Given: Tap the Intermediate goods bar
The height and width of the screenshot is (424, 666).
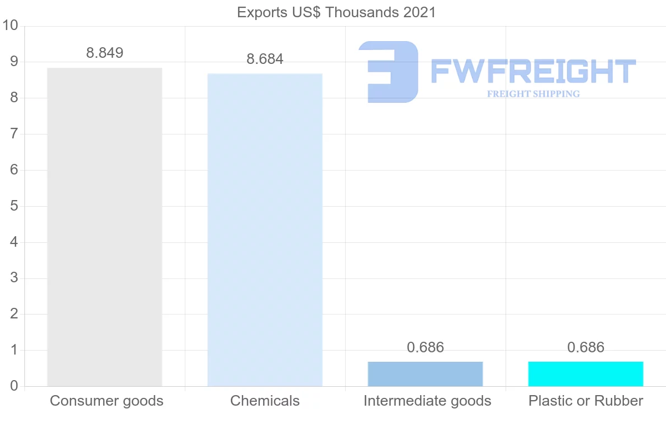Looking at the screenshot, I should point(425,373).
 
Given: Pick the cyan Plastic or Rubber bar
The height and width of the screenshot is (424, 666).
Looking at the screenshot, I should point(586,373).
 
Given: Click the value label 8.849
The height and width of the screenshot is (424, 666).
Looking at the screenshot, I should point(104,53).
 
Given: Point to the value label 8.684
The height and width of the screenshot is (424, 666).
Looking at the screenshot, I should point(265,59).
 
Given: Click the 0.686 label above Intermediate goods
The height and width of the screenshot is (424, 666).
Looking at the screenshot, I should point(425,348).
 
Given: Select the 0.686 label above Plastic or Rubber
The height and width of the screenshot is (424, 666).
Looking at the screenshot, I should point(586,348).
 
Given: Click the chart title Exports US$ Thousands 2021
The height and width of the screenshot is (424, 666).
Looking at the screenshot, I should point(336,12).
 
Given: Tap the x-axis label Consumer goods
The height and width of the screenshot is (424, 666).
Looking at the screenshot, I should point(107,401).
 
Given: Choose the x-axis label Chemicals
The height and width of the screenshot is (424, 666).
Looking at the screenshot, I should point(265,401).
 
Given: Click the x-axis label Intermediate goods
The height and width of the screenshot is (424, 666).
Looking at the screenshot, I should point(427,401).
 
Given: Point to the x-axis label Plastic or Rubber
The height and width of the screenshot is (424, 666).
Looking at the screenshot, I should point(586,401).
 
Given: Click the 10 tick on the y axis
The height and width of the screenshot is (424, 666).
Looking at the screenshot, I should point(11,26).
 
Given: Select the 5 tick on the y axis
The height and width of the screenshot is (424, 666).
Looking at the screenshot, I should point(14,206).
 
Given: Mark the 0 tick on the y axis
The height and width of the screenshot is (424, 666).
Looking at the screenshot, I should point(14,386).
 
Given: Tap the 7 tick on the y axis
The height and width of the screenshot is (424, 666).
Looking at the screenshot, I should point(14,134).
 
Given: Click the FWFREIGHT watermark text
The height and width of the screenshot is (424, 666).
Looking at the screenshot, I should point(533,72).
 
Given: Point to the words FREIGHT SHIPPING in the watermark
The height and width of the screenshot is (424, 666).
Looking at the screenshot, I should point(533,94).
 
